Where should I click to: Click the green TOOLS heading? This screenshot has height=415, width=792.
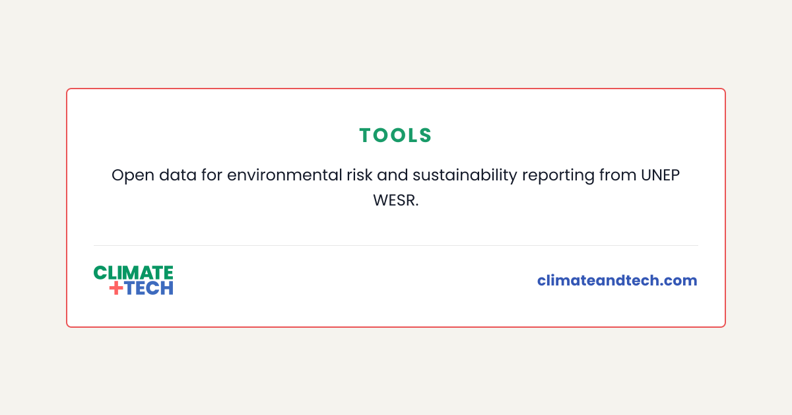[x=396, y=135]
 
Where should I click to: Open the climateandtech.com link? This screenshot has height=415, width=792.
[x=617, y=280]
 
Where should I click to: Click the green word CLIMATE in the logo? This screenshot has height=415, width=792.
[x=133, y=272]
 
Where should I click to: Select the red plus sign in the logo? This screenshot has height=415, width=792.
[x=116, y=288]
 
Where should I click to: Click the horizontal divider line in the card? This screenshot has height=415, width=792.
[x=396, y=245]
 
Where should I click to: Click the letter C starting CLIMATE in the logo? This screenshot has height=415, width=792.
[x=100, y=272]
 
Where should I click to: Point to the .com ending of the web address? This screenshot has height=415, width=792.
[x=680, y=280]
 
